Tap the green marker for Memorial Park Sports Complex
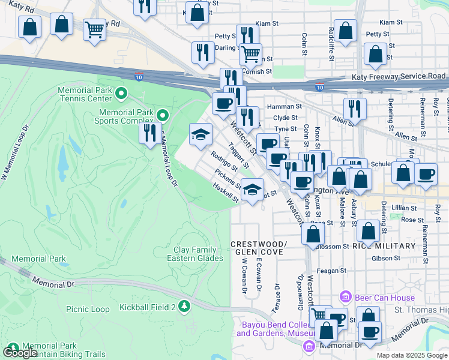[163, 114]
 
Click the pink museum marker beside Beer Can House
[345, 296]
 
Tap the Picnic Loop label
[88, 309]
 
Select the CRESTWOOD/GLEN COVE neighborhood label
[259, 248]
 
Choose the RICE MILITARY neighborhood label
[384, 246]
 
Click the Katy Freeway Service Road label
[398, 76]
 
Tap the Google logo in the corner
[20, 353]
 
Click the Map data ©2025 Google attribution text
[412, 355]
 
